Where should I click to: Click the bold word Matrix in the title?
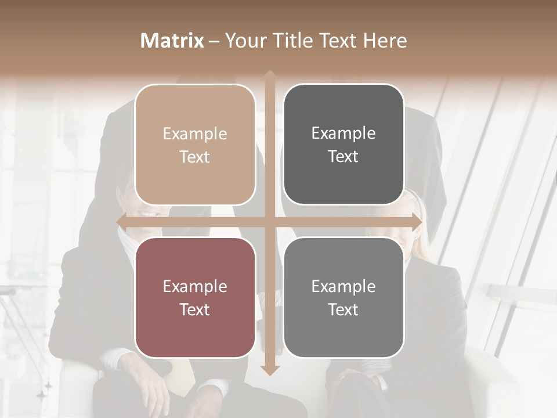[x=172, y=41]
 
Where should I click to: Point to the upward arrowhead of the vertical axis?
[x=269, y=75]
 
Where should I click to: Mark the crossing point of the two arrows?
[x=269, y=222]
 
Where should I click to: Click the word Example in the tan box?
[x=195, y=134]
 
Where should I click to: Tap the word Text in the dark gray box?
[x=343, y=157]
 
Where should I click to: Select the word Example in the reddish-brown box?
[x=195, y=287]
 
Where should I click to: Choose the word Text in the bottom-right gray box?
[x=343, y=310]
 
